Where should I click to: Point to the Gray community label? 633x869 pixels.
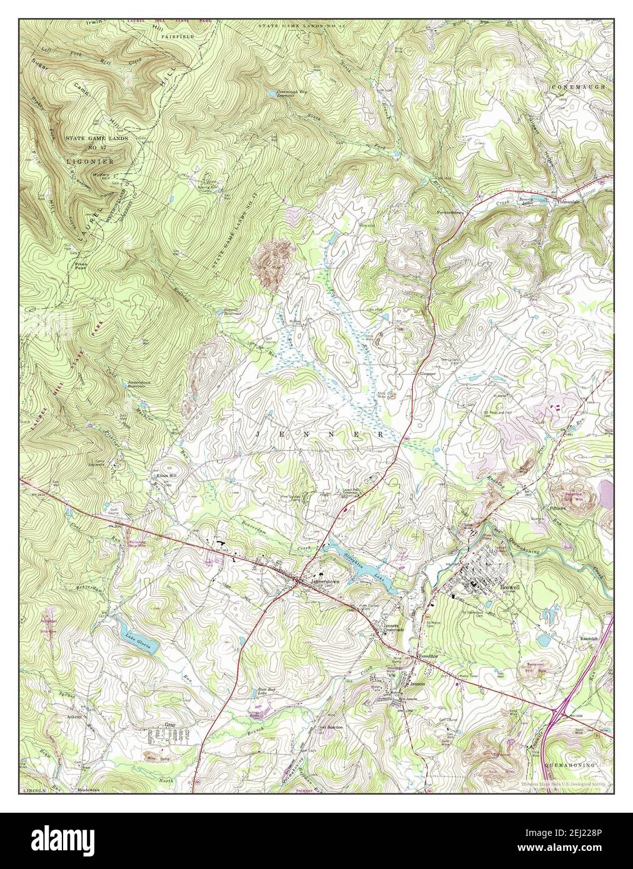pyautogui.click(x=169, y=725)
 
